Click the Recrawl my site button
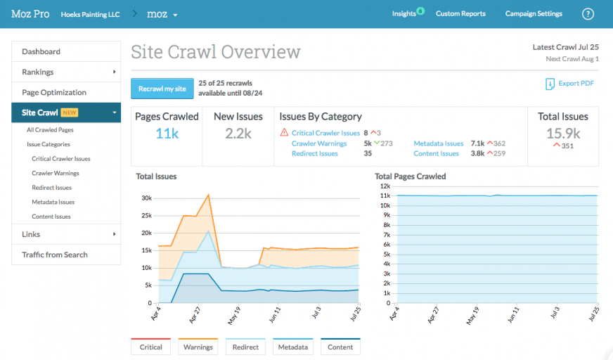tap(162, 89)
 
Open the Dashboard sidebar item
tap(41, 51)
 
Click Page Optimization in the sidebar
tap(54, 92)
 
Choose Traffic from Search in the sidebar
tap(55, 255)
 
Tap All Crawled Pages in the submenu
tap(50, 129)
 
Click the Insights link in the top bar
tap(404, 13)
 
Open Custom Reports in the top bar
tap(460, 13)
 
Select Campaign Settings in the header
tap(534, 13)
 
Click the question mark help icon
tap(588, 14)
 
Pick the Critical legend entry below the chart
tap(151, 347)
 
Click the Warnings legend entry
tap(198, 347)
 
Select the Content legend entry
tap(340, 347)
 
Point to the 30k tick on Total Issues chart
tap(146, 198)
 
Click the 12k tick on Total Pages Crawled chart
tap(385, 186)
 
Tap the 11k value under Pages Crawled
tap(167, 133)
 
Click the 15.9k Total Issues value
tap(563, 133)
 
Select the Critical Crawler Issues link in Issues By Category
tap(325, 133)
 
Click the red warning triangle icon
tap(284, 132)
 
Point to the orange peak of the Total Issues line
tap(209, 195)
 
